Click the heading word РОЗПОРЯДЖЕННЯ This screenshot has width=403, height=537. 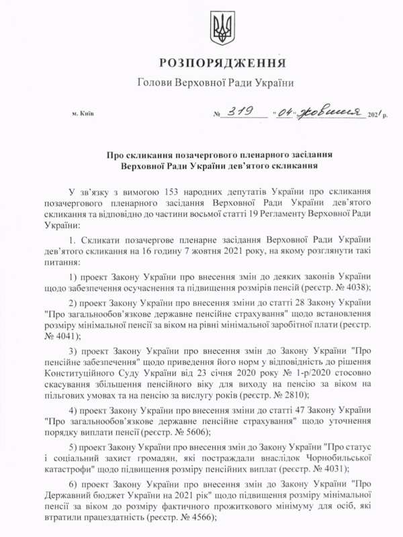222,63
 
